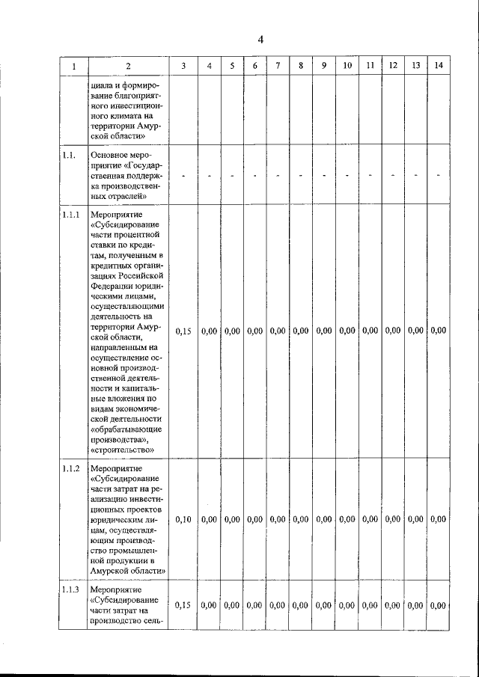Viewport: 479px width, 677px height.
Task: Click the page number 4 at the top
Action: pyautogui.click(x=261, y=40)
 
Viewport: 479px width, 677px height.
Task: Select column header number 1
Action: pyautogui.click(x=73, y=66)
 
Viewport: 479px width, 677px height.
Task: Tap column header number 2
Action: pyautogui.click(x=128, y=66)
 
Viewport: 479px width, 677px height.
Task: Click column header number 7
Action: pyautogui.click(x=278, y=65)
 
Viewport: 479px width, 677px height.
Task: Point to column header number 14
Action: pyautogui.click(x=439, y=65)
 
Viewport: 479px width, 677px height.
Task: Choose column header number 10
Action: pyautogui.click(x=347, y=65)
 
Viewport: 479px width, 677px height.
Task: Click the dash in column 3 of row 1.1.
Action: pyautogui.click(x=184, y=176)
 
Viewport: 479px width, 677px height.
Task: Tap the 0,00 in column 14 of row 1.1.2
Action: pyautogui.click(x=439, y=518)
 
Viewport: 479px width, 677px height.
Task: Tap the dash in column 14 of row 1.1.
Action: pyautogui.click(x=439, y=176)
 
